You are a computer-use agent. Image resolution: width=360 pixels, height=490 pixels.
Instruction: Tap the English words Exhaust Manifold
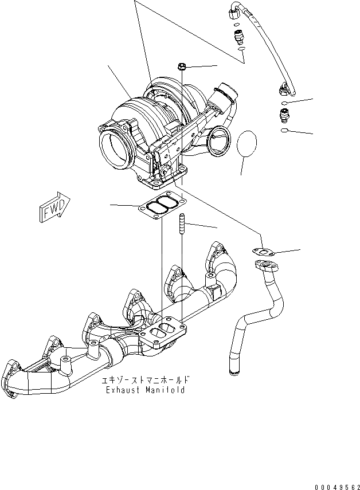(x=145, y=390)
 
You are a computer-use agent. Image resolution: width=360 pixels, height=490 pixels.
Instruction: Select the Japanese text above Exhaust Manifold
(x=145, y=380)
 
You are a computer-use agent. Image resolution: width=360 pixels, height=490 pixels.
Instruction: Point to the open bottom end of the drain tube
(x=233, y=373)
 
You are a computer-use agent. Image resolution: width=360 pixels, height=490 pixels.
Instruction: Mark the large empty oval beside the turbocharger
(x=247, y=147)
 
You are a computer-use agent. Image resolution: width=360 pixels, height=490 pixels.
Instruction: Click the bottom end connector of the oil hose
(x=285, y=89)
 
